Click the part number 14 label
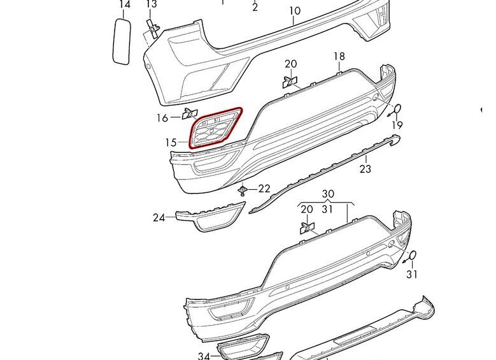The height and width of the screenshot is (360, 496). point(125,4)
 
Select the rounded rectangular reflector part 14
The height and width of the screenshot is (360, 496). point(122,41)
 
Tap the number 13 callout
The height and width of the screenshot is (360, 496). point(152,4)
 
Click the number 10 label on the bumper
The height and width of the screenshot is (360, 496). point(295,11)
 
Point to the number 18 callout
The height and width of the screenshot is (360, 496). point(339,56)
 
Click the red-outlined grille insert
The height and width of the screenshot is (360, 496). point(216,127)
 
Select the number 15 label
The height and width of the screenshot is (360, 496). point(171,143)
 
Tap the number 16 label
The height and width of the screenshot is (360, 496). point(162,118)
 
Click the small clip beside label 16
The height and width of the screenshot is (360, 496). point(190,113)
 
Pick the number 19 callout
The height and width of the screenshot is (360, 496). point(397,126)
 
